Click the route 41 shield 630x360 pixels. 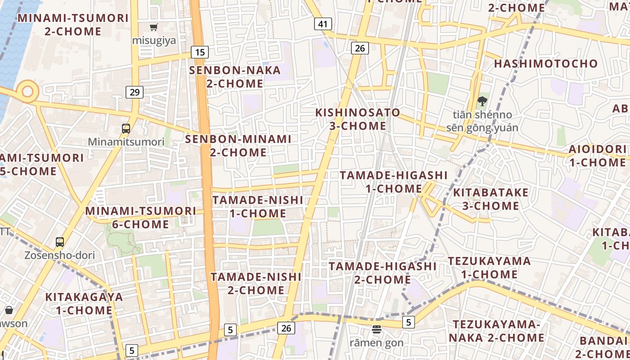(x=323, y=24)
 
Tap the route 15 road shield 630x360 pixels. (x=200, y=52)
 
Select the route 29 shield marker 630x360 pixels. (x=134, y=92)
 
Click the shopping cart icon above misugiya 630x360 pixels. (x=154, y=27)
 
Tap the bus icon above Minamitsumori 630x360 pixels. (x=126, y=129)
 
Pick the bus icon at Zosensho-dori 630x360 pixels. (x=60, y=242)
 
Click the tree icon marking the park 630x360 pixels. (x=482, y=101)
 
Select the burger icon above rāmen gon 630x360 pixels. (x=377, y=330)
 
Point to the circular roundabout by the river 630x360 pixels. (x=27, y=91)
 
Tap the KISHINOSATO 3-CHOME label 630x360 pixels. (x=358, y=119)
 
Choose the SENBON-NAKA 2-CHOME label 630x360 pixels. (x=235, y=77)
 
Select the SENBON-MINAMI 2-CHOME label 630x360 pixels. (x=238, y=146)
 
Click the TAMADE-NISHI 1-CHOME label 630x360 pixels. (x=258, y=207)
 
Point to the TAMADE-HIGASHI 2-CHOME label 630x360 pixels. (x=382, y=273)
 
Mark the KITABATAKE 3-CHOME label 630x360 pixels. (x=491, y=199)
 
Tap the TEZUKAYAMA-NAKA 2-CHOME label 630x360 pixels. (x=499, y=331)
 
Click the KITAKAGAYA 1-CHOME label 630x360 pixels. (x=84, y=304)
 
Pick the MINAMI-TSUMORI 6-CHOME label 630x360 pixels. (x=140, y=217)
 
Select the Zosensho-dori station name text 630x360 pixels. (x=60, y=256)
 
